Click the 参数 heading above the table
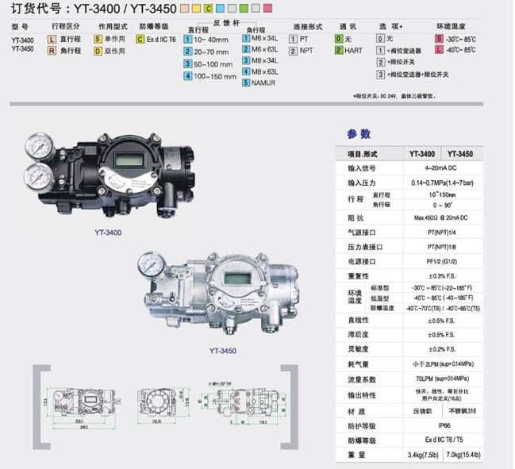point(359,134)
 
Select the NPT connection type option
point(306,49)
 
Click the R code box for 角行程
point(52,49)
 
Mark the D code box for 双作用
point(98,49)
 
